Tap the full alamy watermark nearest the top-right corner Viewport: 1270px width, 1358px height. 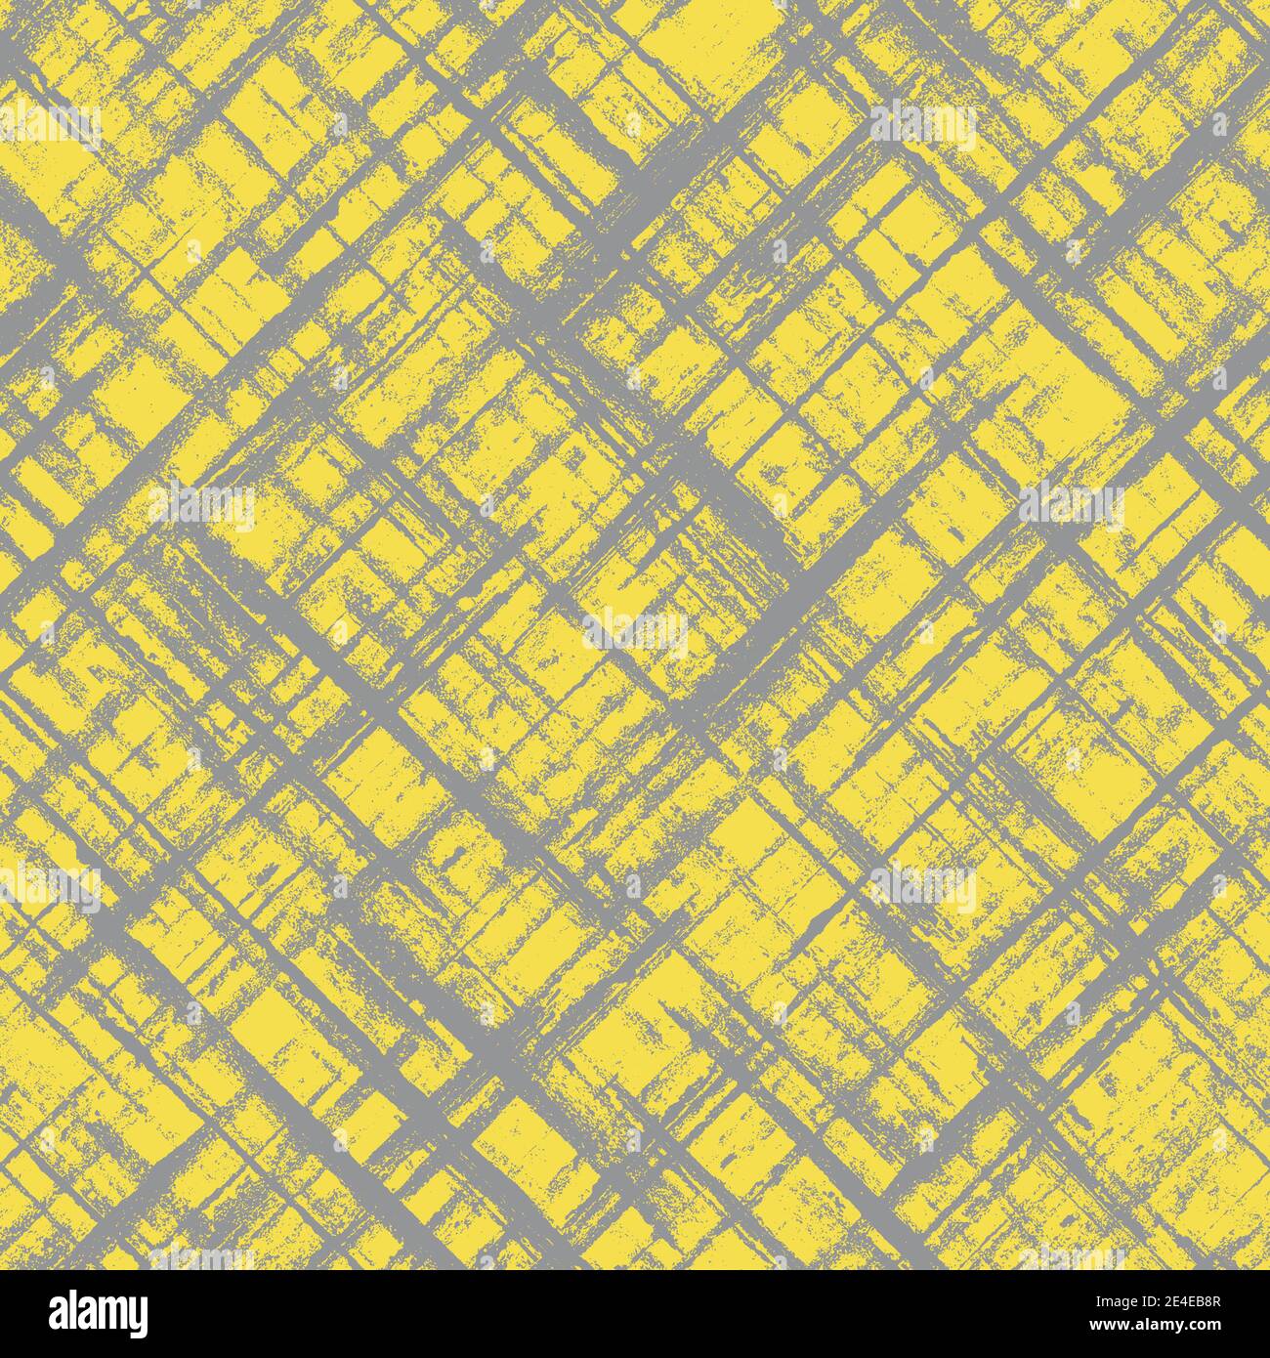[923, 127]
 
